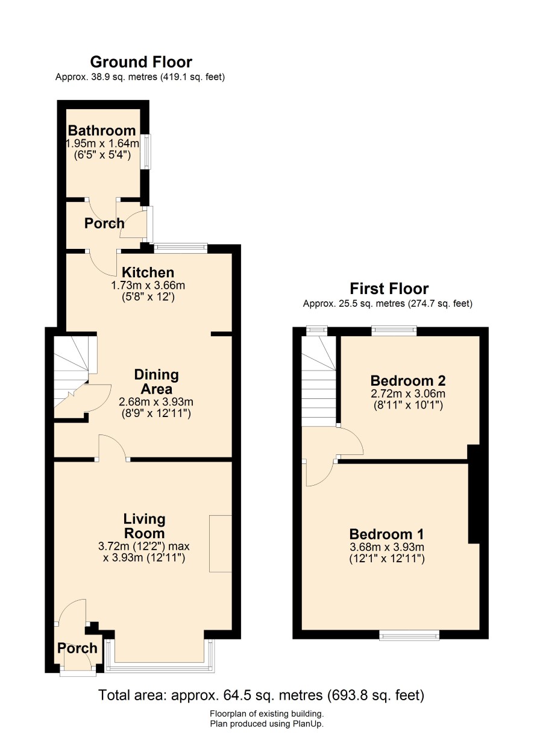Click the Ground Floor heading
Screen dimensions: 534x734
(x=141, y=62)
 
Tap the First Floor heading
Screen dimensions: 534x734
(x=389, y=289)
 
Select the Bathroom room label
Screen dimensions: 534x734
(x=102, y=130)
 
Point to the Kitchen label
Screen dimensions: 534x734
(x=148, y=272)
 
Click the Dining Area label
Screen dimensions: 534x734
(x=156, y=381)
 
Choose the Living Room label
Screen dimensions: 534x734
(x=144, y=526)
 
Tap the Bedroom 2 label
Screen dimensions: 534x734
(x=408, y=380)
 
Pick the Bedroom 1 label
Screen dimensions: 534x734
(x=386, y=534)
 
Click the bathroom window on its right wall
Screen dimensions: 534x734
(x=148, y=151)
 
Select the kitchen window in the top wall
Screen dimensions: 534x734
(x=181, y=248)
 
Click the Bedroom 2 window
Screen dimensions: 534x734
(x=394, y=331)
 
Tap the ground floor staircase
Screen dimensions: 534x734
(x=75, y=376)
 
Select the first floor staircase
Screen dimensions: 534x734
(x=319, y=381)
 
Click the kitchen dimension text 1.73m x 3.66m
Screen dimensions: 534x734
(x=148, y=286)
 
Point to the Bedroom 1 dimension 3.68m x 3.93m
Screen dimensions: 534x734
(x=387, y=547)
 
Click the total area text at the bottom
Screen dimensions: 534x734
(x=261, y=695)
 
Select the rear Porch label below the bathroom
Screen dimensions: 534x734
(x=104, y=224)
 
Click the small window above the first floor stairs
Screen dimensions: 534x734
(x=316, y=331)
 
